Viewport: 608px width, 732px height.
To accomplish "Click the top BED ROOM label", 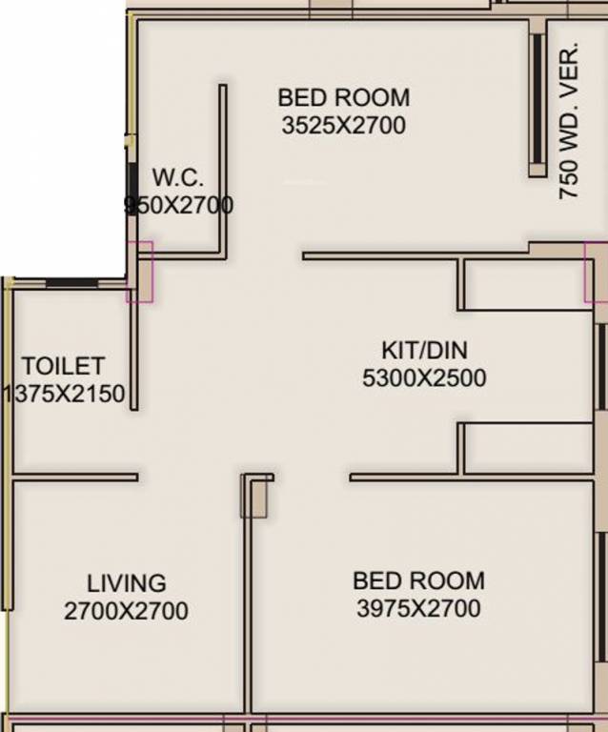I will pos(343,97).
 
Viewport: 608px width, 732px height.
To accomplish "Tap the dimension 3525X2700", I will pos(343,125).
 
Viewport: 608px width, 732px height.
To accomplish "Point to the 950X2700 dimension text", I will pos(179,205).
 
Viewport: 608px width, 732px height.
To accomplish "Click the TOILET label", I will pos(64,366).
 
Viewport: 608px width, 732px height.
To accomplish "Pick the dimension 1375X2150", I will pos(65,394).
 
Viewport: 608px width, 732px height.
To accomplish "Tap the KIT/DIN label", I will pos(424,349).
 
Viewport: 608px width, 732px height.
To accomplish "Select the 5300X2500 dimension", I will pos(424,378).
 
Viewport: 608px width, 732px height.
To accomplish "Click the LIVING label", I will pos(126,582).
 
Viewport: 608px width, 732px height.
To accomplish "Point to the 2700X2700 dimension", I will pos(126,611).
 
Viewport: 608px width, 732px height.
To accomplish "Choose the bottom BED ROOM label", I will pos(418,580).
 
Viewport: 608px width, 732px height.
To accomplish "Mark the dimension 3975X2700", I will pos(418,608).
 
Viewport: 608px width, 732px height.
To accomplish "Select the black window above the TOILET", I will pos(72,282).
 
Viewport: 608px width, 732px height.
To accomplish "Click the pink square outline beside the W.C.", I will pos(139,272).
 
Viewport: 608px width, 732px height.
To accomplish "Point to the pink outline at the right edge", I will pos(596,272).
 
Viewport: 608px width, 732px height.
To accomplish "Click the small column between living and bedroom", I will pos(253,497).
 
